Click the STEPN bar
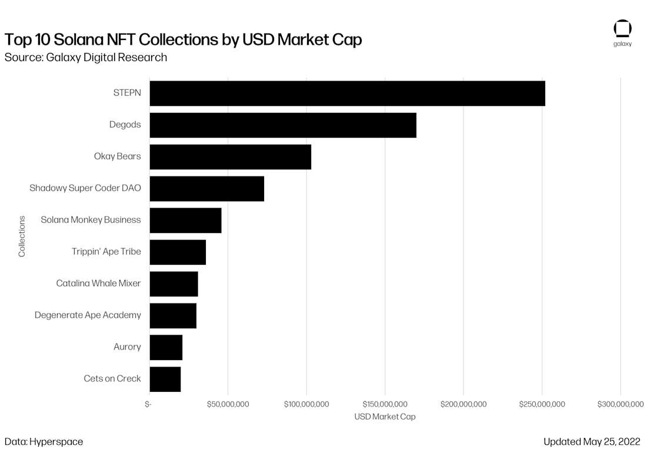click(x=348, y=94)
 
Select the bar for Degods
click(x=283, y=125)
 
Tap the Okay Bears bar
click(x=230, y=157)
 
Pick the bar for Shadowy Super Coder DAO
click(x=206, y=189)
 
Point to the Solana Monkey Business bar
click(x=186, y=221)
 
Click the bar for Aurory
click(x=166, y=348)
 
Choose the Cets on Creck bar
click(x=165, y=379)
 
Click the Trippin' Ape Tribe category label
click(x=106, y=252)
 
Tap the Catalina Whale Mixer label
click(x=98, y=283)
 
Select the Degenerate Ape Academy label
click(x=88, y=315)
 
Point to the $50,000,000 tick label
click(x=228, y=404)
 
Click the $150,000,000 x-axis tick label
click(x=385, y=404)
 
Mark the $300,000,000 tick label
click(x=620, y=404)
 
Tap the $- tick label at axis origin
click(x=148, y=404)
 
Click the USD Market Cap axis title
click(x=385, y=417)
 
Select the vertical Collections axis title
click(x=22, y=237)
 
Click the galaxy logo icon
click(x=622, y=29)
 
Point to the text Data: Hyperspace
click(x=44, y=442)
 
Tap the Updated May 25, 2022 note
click(x=592, y=442)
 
